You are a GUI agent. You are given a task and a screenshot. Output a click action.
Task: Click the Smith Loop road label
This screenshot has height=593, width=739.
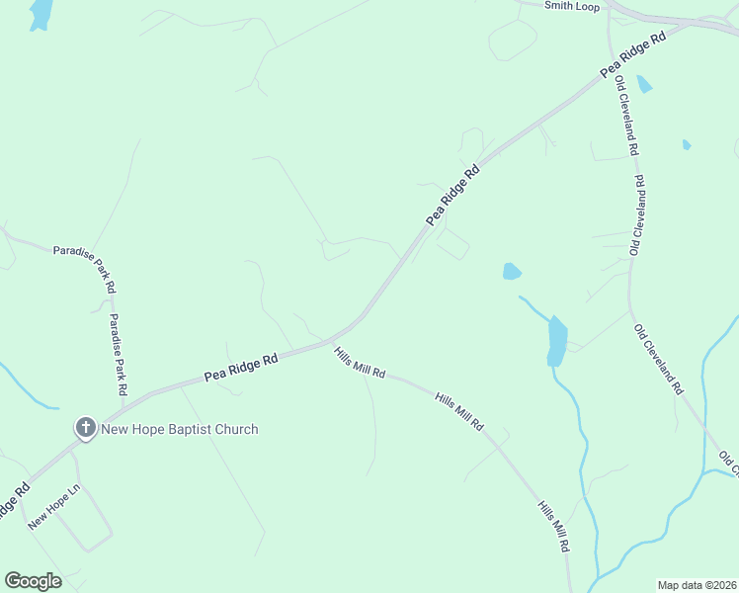coord(572,6)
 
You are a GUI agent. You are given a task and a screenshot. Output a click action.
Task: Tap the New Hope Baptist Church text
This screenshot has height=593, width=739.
coord(180,429)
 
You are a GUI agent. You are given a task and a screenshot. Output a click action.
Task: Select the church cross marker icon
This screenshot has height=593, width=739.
coord(86,428)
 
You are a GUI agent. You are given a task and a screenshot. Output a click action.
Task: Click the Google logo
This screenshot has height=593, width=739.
coord(33,580)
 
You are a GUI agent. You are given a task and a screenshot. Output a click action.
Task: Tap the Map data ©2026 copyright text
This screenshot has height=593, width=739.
coord(697,585)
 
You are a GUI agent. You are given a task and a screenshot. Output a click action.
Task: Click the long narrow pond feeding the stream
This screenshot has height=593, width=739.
coord(557,341)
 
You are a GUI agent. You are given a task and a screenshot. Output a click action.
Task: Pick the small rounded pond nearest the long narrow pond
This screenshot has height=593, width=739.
coord(511,271)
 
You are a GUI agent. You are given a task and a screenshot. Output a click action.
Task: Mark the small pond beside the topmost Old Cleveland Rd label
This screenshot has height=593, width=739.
coord(644,84)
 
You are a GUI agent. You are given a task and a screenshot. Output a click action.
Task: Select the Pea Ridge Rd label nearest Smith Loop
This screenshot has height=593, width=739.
coord(633,54)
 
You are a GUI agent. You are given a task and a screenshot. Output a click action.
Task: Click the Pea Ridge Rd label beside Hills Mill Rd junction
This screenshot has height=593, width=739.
coord(241,369)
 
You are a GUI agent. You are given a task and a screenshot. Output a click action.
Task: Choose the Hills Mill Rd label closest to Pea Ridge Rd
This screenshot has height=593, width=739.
coord(360,364)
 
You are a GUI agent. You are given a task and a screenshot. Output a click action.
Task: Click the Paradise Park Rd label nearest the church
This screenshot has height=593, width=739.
coord(119,355)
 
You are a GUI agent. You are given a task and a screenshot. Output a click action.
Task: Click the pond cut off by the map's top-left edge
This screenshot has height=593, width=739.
coord(41,14)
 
